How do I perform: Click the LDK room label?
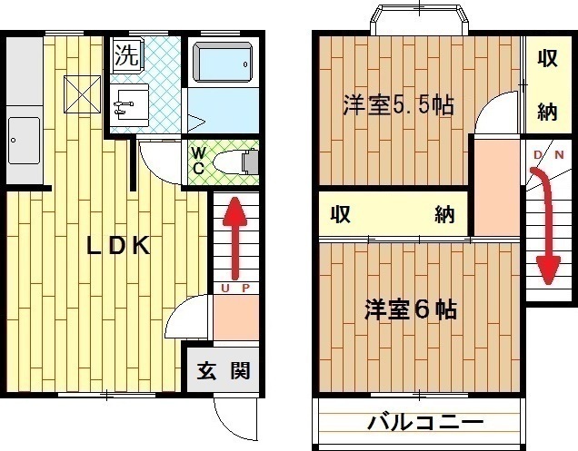click(x=118, y=246)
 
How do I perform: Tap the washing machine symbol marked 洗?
click(x=126, y=54)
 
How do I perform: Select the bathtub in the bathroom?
click(x=223, y=62)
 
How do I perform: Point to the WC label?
click(x=198, y=160)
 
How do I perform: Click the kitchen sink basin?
click(x=24, y=141)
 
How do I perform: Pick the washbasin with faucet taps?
click(x=129, y=105)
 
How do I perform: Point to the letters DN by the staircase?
click(x=549, y=155)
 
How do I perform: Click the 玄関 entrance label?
click(x=224, y=370)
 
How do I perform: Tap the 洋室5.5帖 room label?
click(x=398, y=105)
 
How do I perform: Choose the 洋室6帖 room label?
click(x=411, y=309)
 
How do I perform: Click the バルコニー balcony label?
click(x=425, y=423)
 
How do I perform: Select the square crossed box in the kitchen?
click(x=82, y=94)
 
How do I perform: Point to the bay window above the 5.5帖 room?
click(x=419, y=20)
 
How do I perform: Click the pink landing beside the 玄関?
click(x=236, y=318)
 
